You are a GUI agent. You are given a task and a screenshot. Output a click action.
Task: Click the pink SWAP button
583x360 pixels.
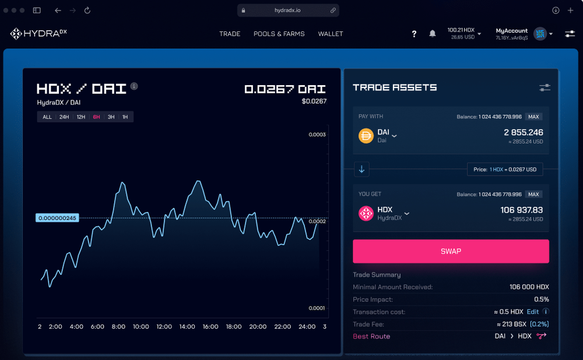(x=451, y=251)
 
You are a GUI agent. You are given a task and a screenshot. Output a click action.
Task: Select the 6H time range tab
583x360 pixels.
(x=96, y=117)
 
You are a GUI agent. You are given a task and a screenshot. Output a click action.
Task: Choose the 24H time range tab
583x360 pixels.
(x=64, y=117)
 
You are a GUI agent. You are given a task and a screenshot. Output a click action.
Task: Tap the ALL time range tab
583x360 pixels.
(x=47, y=117)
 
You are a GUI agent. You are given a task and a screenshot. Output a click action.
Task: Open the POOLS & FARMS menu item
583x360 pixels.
(x=279, y=34)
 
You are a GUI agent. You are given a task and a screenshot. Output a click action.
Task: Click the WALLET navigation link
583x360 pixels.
(x=331, y=34)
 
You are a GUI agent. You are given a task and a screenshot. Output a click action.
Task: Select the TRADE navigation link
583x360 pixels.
(x=230, y=34)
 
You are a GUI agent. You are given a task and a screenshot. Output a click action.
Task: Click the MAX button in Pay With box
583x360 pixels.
(x=533, y=117)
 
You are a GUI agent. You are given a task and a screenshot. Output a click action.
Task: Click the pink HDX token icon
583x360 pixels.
(x=366, y=214)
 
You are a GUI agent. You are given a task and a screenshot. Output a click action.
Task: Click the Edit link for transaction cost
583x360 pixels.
(x=533, y=312)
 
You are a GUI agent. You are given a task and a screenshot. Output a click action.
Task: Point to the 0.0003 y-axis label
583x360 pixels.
(x=317, y=135)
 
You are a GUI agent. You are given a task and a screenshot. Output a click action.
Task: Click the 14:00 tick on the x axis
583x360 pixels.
(x=187, y=327)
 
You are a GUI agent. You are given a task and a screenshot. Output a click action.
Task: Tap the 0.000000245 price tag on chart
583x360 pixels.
(x=57, y=218)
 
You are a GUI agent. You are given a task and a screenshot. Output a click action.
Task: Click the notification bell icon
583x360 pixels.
(x=433, y=34)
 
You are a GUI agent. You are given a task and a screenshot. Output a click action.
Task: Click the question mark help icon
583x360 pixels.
(x=414, y=34)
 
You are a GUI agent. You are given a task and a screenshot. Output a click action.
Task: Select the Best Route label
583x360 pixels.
(x=371, y=336)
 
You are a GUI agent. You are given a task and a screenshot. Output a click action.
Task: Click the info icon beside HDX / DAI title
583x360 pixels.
(x=134, y=86)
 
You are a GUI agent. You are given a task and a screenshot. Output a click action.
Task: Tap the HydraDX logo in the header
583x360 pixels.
(x=38, y=34)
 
